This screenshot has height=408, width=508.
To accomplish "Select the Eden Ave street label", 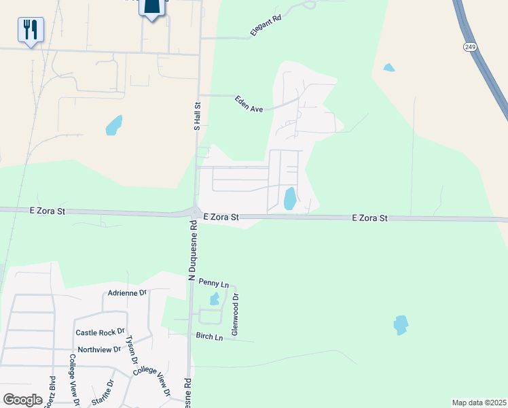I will (x=249, y=104).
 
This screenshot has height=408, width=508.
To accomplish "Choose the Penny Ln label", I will (x=214, y=282).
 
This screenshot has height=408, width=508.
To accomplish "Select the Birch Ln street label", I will (x=209, y=337).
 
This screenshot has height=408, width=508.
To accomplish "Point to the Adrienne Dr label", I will (x=128, y=293).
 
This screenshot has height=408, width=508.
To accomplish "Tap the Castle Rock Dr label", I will (x=100, y=333).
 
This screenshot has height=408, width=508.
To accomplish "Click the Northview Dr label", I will (x=99, y=350).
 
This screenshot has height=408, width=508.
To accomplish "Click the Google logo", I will (x=22, y=400).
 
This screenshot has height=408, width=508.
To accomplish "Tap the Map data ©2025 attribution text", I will (x=479, y=402).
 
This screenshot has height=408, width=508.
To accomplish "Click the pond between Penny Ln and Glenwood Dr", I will (x=215, y=299).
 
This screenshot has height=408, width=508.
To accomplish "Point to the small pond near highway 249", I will (x=388, y=67).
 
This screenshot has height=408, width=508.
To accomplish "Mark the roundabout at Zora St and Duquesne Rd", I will (x=195, y=213).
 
